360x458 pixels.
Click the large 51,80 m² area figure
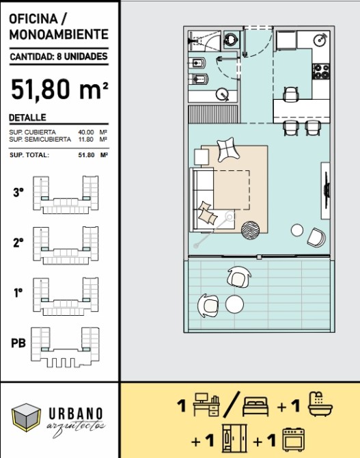pyautogui.click(x=59, y=90)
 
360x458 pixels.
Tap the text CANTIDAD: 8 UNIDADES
pyautogui.click(x=59, y=56)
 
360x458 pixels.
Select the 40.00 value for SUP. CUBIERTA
pyautogui.click(x=86, y=132)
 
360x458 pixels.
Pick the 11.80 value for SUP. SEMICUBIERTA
pyautogui.click(x=86, y=139)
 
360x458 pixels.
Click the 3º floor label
pyautogui.click(x=18, y=192)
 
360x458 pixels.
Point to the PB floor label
pyautogui.click(x=18, y=343)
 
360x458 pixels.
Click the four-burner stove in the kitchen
pyautogui.click(x=321, y=72)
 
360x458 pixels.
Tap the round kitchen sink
pyautogui.click(x=320, y=40)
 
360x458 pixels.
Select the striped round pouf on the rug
pyautogui.click(x=251, y=230)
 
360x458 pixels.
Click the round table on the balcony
pyautogui.click(x=234, y=304)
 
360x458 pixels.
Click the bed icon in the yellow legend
pyautogui.click(x=255, y=406)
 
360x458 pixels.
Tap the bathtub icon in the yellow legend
pyautogui.click(x=320, y=404)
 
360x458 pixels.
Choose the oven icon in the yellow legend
pyautogui.click(x=294, y=440)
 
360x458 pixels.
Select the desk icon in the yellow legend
pyautogui.click(x=206, y=405)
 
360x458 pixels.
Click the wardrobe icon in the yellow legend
pyautogui.click(x=234, y=439)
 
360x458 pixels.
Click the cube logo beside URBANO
pyautogui.click(x=26, y=418)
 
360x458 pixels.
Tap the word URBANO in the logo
pyautogui.click(x=76, y=414)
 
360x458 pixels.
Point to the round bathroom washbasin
pyautogui.click(x=222, y=94)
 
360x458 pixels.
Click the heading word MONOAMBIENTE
pyautogui.click(x=59, y=34)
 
